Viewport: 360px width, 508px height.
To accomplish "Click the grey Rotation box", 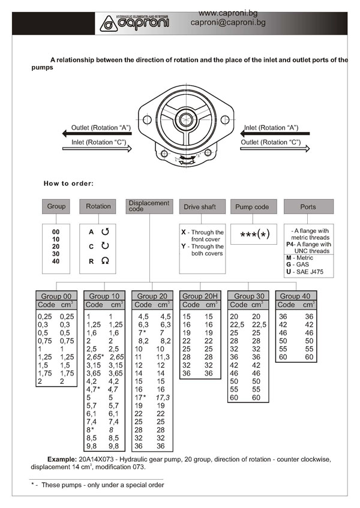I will click(x=98, y=206).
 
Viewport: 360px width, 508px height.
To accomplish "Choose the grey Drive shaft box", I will click(x=201, y=207).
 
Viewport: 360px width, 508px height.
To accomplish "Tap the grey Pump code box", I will click(x=253, y=207).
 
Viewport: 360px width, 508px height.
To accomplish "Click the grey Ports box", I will click(x=308, y=207).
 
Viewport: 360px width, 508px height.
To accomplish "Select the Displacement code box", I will click(x=149, y=206).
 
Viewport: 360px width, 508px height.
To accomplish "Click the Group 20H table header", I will click(x=201, y=296).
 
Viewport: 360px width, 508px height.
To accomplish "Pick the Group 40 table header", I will click(x=296, y=296).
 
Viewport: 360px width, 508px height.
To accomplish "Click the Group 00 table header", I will click(x=56, y=296).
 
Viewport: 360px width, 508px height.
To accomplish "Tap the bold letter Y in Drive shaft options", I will click(x=184, y=247).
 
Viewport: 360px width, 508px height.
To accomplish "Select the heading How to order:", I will click(x=68, y=183).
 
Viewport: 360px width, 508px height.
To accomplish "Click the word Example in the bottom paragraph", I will click(x=65, y=459).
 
